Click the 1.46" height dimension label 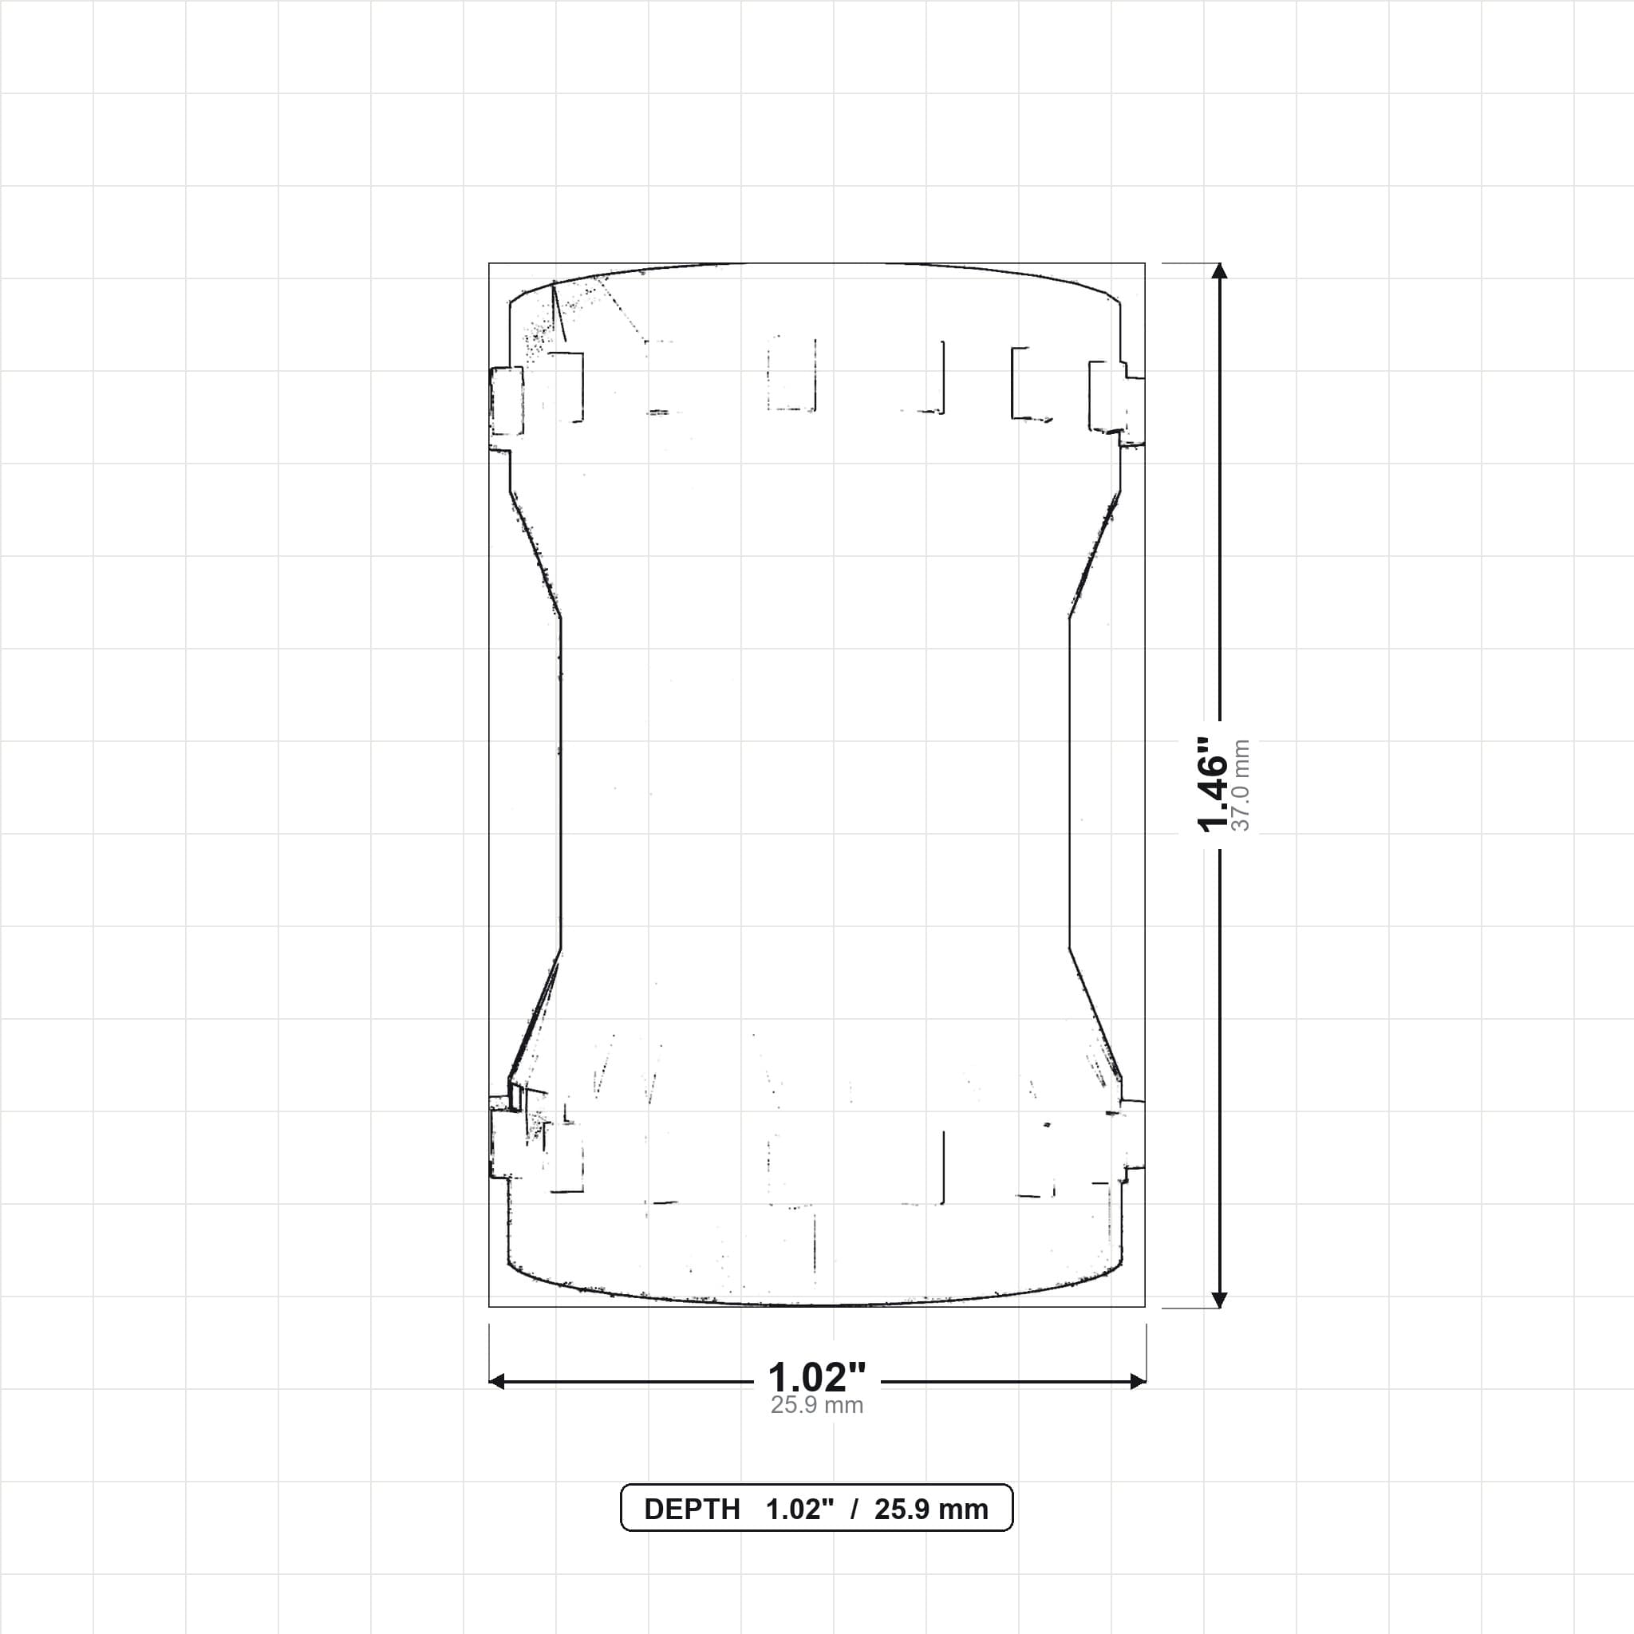click(x=1212, y=784)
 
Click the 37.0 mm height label click(x=1241, y=785)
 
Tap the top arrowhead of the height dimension click(x=1219, y=271)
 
